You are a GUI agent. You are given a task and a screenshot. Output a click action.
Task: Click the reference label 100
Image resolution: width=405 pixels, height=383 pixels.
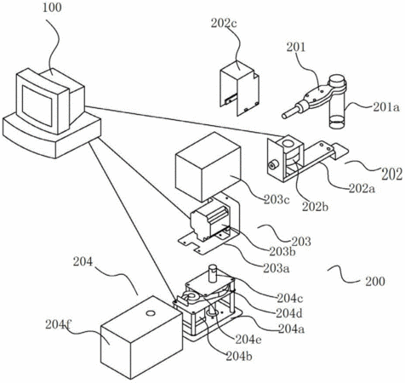pos(52,8)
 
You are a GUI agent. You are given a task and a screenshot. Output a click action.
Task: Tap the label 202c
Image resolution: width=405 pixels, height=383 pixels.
pos(224,24)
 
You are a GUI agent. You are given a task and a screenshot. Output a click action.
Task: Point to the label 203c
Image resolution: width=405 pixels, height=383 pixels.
pos(277,199)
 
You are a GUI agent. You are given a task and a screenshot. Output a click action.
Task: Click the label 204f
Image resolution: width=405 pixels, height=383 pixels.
pos(58,325)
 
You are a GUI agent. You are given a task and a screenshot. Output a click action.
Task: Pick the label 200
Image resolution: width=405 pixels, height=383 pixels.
pos(375,282)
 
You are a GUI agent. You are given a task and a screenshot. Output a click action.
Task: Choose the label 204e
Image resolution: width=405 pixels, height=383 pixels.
pos(248,339)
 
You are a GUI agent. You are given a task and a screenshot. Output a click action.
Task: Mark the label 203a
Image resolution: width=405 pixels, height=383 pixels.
pos(277,268)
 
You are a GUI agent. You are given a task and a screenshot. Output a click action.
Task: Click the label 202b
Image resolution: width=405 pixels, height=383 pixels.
pos(315,207)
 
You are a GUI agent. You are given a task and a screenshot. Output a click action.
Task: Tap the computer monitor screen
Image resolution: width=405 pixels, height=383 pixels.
pos(37,106)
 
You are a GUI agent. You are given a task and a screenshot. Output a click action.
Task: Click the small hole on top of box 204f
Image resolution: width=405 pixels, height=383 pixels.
pos(151,313)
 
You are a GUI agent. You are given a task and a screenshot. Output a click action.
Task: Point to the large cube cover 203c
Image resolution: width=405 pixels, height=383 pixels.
pos(208,167)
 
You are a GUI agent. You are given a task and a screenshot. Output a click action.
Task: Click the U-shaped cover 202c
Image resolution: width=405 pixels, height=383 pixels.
pos(240,88)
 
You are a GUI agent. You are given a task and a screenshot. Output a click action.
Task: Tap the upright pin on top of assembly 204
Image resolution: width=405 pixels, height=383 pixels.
pos(213,273)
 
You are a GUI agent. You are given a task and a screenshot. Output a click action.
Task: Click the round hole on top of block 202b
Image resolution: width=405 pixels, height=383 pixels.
pos(288,143)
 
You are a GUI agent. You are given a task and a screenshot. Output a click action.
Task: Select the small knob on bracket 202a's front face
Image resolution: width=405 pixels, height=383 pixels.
pos(273,165)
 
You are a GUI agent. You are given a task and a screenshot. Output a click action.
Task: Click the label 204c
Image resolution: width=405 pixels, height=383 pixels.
pos(290,298)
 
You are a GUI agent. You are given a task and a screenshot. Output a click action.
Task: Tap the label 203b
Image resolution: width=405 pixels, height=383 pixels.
pos(282,252)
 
